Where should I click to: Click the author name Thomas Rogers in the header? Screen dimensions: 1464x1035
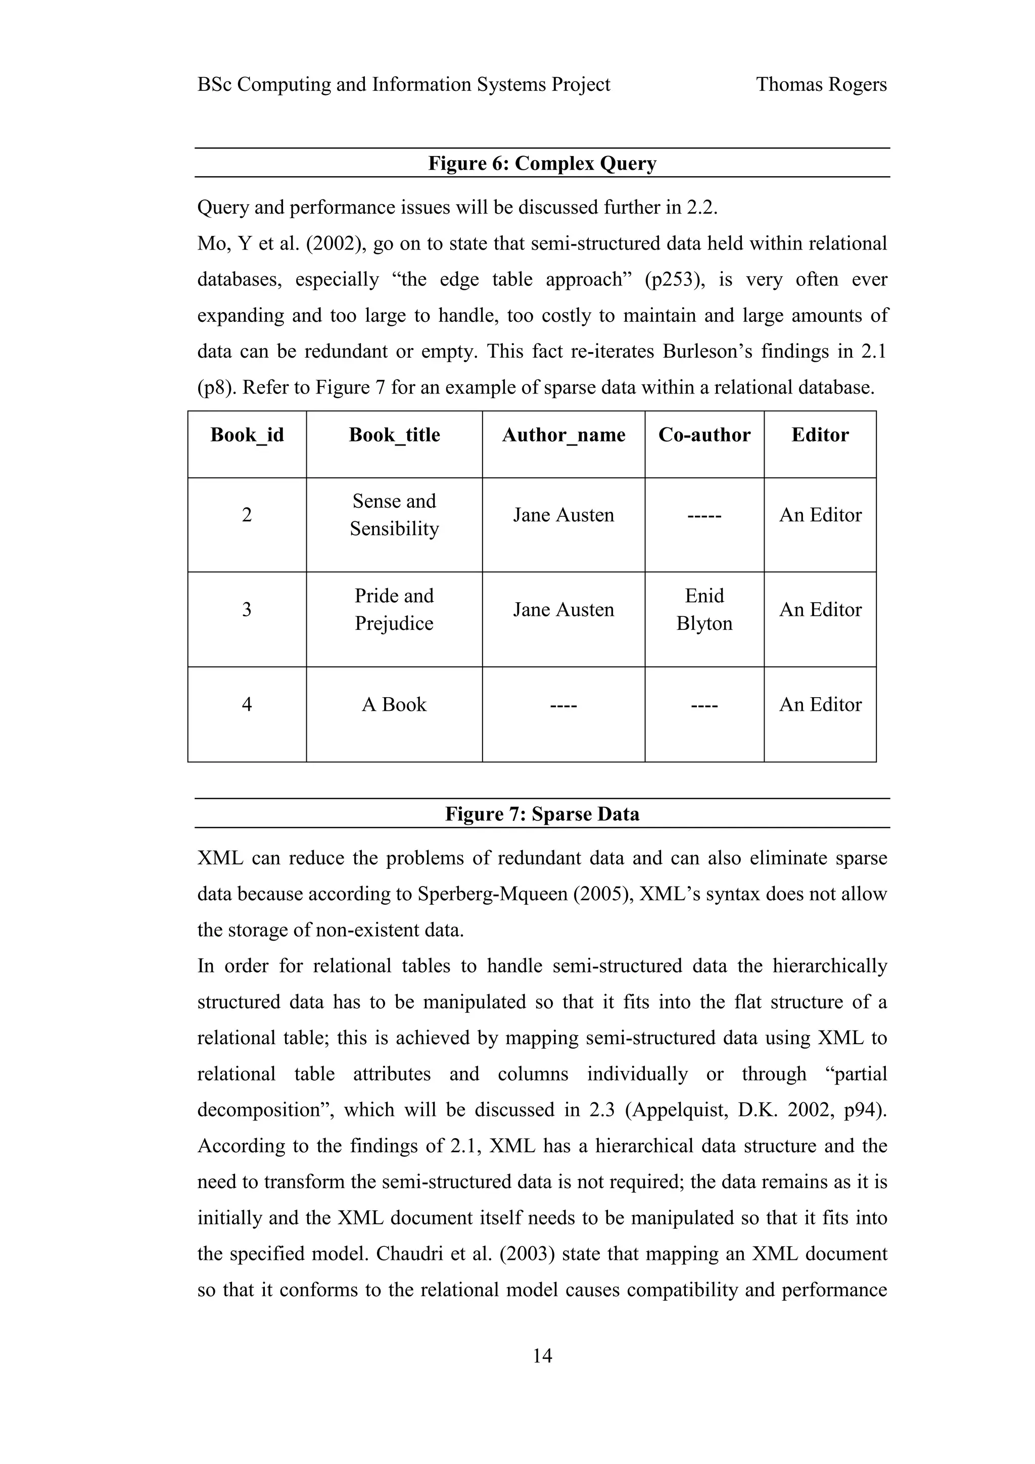821,84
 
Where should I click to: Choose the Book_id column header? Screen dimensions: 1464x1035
247,435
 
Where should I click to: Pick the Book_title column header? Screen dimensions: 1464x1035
394,435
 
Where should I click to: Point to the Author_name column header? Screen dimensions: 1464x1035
563,435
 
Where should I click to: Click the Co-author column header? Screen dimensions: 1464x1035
704,435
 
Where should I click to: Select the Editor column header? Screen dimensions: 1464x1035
820,435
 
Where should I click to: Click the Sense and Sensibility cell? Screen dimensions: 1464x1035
394,515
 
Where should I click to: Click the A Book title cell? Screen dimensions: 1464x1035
394,705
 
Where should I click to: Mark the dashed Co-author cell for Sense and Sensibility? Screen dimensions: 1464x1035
704,515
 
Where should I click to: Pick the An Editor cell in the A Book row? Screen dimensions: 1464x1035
820,705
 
